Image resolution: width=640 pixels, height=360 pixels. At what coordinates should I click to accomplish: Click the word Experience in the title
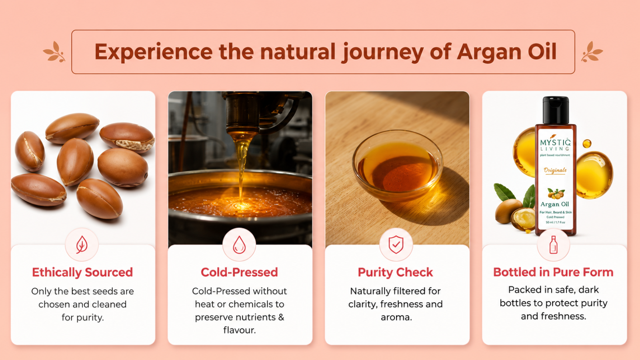pos(154,52)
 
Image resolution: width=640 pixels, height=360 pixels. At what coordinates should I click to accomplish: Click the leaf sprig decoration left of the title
pos(54,52)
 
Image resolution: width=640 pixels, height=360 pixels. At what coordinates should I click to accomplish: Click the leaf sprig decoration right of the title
pos(592,52)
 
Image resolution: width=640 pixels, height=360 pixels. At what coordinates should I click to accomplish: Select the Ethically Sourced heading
pos(82,272)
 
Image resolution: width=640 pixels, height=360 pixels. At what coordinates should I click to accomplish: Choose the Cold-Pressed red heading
pos(239,272)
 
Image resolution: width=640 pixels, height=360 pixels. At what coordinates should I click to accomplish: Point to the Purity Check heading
pos(396,272)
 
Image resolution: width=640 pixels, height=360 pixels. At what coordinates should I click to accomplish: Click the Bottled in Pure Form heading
pos(553,272)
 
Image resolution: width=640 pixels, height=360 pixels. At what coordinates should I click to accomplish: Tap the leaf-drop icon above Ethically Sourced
pos(82,244)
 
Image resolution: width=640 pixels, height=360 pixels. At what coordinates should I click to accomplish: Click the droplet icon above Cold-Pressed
pos(239,245)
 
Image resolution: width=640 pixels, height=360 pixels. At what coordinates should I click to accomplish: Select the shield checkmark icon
pos(396,244)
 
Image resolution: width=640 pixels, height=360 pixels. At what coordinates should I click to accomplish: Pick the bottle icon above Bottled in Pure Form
pos(554,245)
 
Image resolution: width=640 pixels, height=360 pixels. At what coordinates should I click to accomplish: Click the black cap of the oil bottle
pos(556,110)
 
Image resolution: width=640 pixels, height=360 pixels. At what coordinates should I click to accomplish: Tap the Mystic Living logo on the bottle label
pos(556,145)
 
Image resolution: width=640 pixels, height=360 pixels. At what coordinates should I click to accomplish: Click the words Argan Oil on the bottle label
pos(554,204)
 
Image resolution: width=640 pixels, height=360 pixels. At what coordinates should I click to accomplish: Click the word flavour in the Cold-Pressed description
pos(240,330)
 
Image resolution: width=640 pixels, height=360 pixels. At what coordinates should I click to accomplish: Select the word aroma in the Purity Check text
pos(396,318)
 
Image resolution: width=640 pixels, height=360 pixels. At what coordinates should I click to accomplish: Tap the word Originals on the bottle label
pos(555,170)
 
